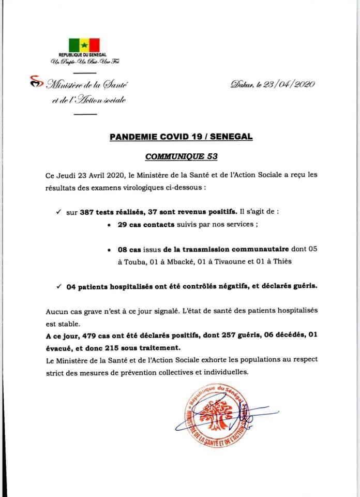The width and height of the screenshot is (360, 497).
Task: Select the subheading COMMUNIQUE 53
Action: (180, 154)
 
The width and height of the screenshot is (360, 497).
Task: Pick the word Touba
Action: (132, 261)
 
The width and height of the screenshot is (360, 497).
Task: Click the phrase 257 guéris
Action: (230, 335)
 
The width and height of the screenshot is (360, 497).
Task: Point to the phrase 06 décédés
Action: (276, 335)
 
